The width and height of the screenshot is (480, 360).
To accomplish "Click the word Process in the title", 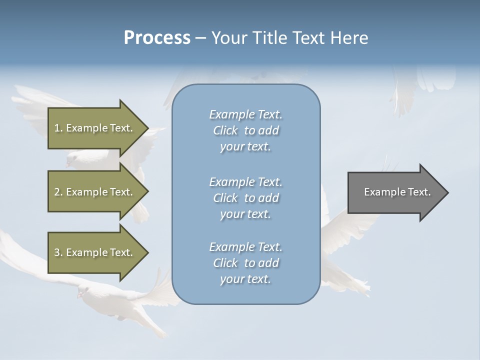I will (157, 38).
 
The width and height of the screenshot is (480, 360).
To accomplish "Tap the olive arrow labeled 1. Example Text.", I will (95, 128).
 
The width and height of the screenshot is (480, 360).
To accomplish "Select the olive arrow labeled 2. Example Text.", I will (95, 192).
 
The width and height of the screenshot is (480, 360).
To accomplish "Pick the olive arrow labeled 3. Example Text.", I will (95, 252).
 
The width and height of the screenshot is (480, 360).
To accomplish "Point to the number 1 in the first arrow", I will (57, 128).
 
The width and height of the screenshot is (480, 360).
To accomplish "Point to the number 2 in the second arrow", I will (57, 192).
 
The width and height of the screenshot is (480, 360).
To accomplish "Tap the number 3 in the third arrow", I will (57, 252).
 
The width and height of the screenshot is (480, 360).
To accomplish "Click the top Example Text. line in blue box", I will (245, 114).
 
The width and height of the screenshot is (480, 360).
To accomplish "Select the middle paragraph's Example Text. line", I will (245, 182).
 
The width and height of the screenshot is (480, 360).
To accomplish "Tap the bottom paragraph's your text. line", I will (245, 279).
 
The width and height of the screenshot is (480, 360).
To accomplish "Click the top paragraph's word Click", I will (225, 130).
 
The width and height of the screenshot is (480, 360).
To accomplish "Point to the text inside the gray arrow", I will (397, 192).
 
